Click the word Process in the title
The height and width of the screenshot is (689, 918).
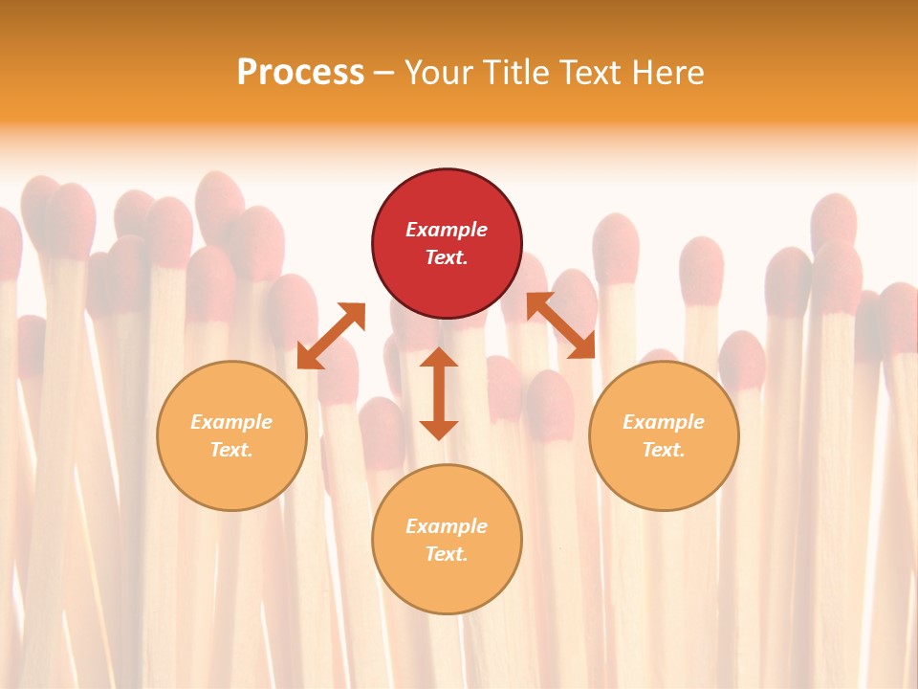coord(300,73)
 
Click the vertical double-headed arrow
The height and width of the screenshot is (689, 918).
coord(439,393)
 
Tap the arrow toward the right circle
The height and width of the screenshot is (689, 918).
coord(560,325)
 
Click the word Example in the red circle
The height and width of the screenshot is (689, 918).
coord(447,230)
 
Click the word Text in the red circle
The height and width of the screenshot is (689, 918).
coord(447,257)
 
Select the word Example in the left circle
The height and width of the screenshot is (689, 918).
coord(231,422)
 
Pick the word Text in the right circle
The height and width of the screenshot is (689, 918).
coord(664,450)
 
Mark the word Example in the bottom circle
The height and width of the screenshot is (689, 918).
coord(447,526)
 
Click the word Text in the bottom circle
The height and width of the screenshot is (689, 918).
coord(447,554)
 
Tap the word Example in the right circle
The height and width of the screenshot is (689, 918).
coord(664,422)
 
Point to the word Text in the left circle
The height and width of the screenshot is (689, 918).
coord(231,450)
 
